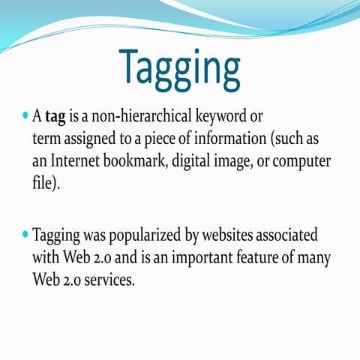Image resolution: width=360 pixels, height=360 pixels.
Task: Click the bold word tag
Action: click(55, 117)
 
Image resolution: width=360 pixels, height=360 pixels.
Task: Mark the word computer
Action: click(307, 163)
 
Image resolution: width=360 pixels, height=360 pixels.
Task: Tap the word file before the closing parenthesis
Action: click(42, 184)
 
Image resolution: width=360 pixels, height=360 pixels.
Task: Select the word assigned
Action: click(94, 139)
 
